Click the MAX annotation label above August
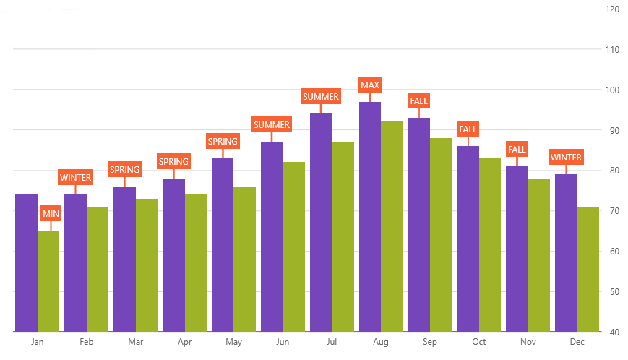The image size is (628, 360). point(370,85)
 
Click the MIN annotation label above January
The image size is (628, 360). point(51,214)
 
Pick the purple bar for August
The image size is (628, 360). point(370,217)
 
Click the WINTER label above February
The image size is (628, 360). point(76,177)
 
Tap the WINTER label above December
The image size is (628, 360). point(566,157)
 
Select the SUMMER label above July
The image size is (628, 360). point(321,96)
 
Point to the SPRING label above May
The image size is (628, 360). point(223,142)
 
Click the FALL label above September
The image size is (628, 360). point(419,101)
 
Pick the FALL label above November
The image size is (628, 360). point(517,150)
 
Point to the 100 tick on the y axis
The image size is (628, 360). point(613,90)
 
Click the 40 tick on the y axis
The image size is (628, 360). point(613,332)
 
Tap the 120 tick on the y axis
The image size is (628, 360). point(613,9)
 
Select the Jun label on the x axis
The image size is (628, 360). point(283,342)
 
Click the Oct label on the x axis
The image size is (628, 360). point(479,342)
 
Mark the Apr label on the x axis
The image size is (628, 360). point(184,342)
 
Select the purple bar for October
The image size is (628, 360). point(468,239)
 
